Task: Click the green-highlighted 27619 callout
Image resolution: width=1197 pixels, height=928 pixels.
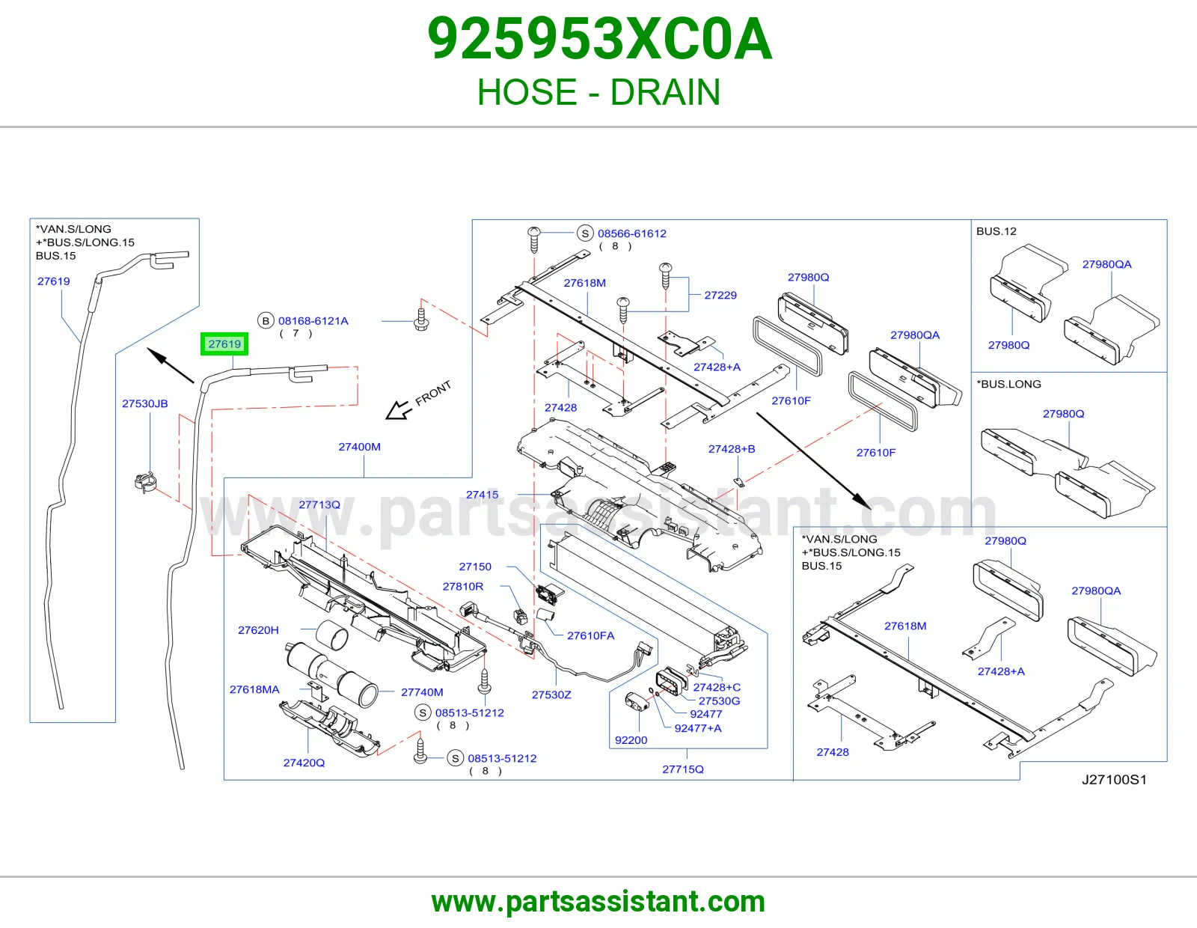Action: pos(224,344)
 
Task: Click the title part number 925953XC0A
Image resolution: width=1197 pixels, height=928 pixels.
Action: pos(600,39)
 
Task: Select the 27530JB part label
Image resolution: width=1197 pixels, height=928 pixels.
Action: pos(145,403)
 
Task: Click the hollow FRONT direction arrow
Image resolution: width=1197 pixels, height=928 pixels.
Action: pos(398,410)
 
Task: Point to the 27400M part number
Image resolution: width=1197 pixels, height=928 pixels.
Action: pos(359,446)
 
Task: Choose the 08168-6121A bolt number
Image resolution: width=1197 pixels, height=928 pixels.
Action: pos(313,321)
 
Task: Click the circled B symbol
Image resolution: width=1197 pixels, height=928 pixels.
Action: pos(266,321)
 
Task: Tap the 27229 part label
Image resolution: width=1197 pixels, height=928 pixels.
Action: pos(720,295)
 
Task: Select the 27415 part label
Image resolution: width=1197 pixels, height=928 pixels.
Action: pos(482,494)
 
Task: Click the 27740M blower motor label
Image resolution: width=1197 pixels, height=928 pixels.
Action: pos(422,692)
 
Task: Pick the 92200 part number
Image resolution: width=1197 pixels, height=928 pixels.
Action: pos(631,739)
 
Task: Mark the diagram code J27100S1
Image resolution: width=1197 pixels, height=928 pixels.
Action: pos(1114,779)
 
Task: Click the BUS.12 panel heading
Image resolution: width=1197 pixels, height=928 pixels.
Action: pos(996,231)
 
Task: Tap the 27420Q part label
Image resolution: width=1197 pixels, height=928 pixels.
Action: pos(304,762)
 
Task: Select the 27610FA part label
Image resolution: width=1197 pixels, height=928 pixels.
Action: pos(590,635)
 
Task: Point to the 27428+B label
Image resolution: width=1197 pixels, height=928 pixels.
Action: pos(732,448)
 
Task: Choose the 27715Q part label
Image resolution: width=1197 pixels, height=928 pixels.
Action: pos(682,769)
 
